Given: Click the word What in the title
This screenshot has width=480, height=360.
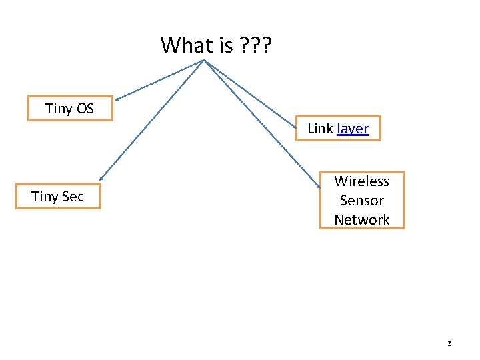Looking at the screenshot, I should tap(186, 45).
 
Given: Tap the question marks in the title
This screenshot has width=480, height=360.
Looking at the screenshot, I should tap(254, 45).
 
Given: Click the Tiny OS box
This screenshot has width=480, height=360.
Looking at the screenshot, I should tap(70, 109).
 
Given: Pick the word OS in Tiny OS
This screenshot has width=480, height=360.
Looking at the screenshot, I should tap(85, 109).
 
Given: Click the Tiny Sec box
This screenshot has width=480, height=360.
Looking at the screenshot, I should tap(58, 197).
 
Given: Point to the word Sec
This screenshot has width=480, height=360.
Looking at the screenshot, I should tap(72, 197).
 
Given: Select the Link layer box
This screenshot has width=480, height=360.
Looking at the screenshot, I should tap(338, 129).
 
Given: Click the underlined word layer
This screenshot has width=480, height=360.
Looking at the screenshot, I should tap(353, 129).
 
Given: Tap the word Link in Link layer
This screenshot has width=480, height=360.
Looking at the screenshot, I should tap(320, 129).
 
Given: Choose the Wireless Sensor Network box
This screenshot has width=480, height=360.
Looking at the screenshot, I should tap(362, 200).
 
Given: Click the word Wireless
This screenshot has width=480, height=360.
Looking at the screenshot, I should tap(362, 181).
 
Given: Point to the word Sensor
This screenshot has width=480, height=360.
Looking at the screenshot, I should tap(362, 200).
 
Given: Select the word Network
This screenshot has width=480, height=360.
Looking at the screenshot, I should tap(362, 219).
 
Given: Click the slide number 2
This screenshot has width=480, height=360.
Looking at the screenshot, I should tap(449, 343).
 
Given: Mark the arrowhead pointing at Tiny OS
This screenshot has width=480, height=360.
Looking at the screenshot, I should tap(117, 98).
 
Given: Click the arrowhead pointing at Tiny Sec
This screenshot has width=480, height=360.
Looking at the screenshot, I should tap(101, 178).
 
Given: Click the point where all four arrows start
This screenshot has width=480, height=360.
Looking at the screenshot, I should tap(204, 61).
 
